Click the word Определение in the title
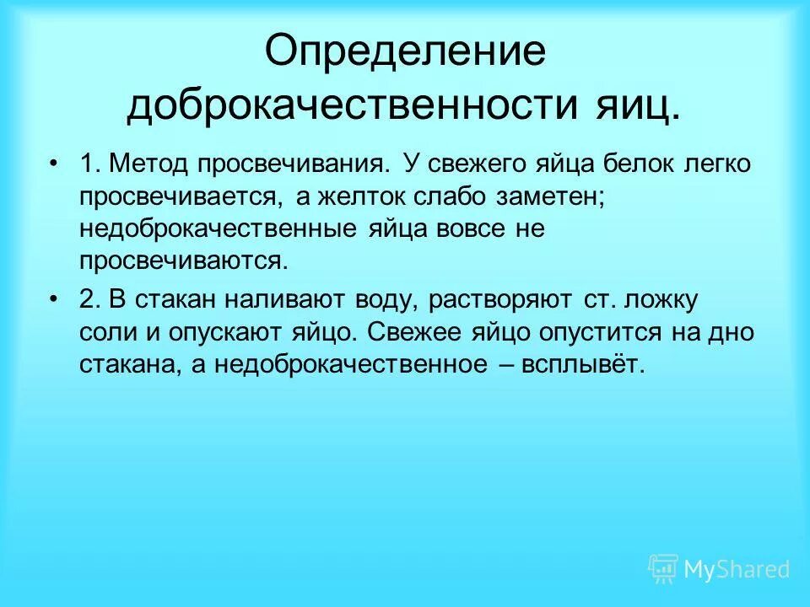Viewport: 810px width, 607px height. point(406,53)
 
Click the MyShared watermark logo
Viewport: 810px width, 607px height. point(719,569)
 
